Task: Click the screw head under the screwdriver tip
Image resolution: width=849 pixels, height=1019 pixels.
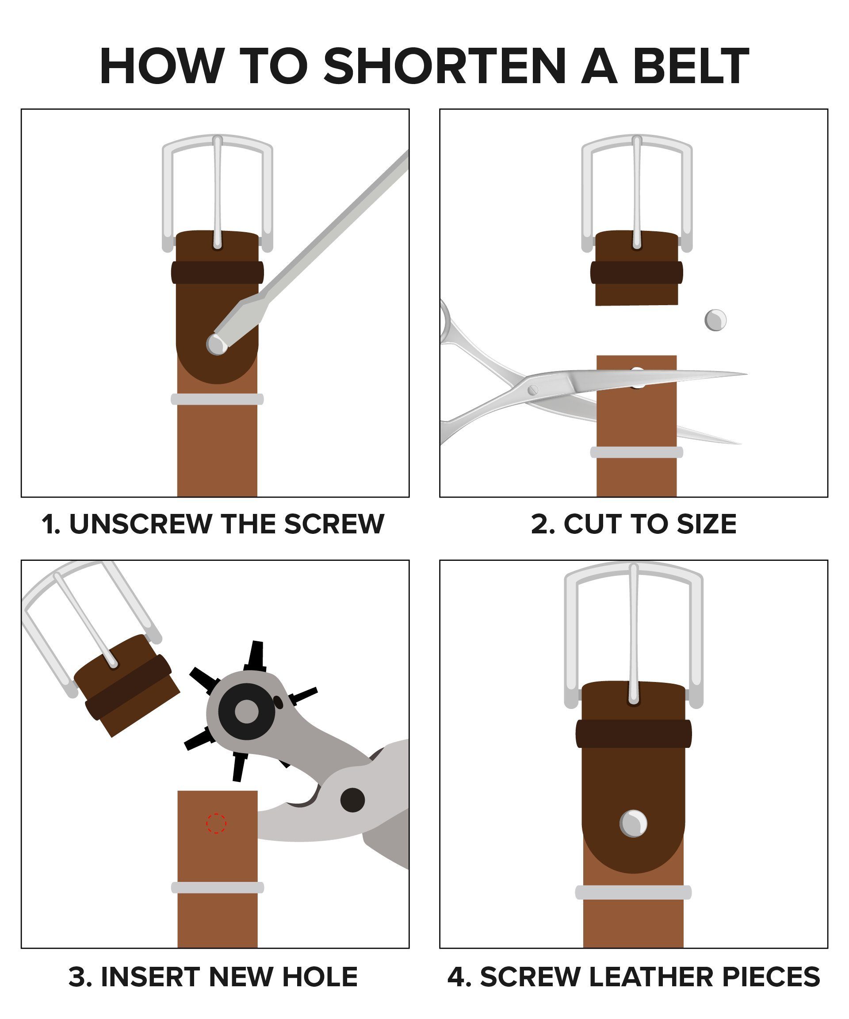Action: click(216, 344)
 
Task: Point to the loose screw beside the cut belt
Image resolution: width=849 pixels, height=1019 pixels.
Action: click(715, 320)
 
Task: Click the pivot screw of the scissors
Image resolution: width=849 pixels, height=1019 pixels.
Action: click(533, 390)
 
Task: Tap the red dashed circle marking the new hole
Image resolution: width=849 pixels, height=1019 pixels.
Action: click(216, 823)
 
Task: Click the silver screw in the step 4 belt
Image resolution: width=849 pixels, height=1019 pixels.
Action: click(633, 824)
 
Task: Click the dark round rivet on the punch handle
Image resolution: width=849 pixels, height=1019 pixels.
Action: click(352, 800)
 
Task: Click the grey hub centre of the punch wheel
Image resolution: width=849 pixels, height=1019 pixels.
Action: click(246, 711)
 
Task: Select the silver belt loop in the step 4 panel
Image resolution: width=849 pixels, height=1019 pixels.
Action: click(633, 893)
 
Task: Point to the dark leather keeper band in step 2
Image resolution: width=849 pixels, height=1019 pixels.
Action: click(636, 272)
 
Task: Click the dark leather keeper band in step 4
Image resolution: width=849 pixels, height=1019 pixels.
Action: click(634, 734)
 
